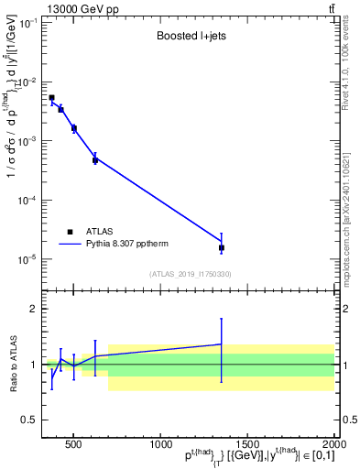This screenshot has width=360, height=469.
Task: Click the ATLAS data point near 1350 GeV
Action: [222, 247]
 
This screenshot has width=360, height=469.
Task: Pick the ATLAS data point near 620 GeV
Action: [95, 160]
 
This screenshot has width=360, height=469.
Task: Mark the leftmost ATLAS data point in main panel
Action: [51, 97]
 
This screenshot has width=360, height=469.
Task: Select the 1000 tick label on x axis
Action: [159, 445]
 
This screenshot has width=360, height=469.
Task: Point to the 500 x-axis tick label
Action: [74, 445]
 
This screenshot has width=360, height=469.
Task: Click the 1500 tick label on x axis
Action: [246, 445]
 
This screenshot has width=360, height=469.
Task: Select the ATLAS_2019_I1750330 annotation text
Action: [190, 274]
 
